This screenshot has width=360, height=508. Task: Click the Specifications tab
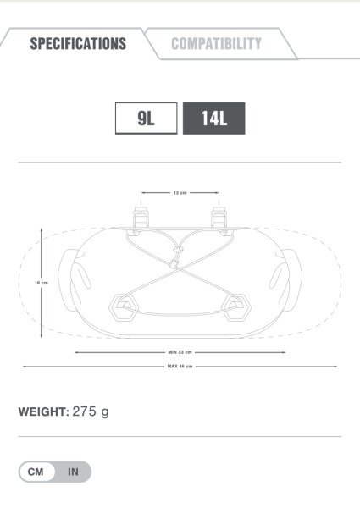click(78, 44)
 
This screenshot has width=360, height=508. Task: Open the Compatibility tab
click(217, 44)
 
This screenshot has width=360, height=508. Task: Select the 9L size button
click(147, 119)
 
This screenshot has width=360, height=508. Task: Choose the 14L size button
click(213, 119)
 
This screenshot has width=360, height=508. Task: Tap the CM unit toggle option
click(36, 472)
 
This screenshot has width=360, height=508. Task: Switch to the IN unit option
click(73, 472)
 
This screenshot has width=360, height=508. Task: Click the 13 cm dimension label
click(180, 193)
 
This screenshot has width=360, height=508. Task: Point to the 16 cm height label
click(42, 283)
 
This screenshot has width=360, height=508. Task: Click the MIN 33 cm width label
click(180, 352)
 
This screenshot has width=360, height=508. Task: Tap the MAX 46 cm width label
click(180, 367)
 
